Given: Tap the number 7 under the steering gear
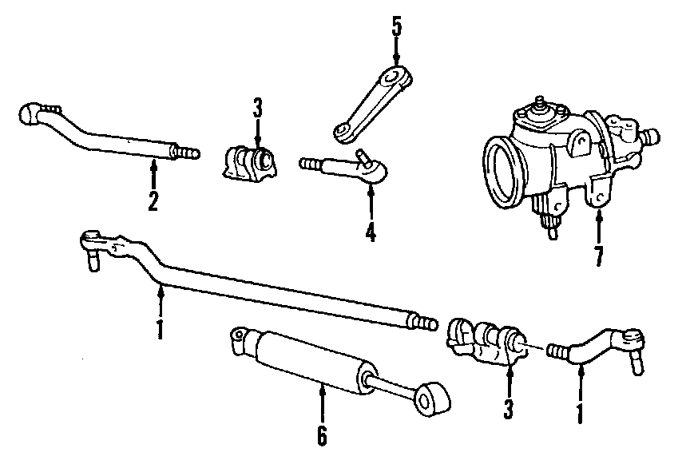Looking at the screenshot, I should click(x=598, y=256).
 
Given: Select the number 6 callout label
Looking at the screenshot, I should click(x=321, y=435).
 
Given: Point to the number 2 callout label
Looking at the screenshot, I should click(x=153, y=200).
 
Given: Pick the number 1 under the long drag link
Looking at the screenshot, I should click(x=160, y=328).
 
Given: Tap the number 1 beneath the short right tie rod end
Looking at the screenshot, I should click(x=581, y=413).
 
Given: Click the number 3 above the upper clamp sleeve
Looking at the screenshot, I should click(x=257, y=108).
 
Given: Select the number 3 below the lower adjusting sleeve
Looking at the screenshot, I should click(x=508, y=410).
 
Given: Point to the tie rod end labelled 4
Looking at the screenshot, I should click(x=351, y=168).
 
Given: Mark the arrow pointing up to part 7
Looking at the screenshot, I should click(x=598, y=228).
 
